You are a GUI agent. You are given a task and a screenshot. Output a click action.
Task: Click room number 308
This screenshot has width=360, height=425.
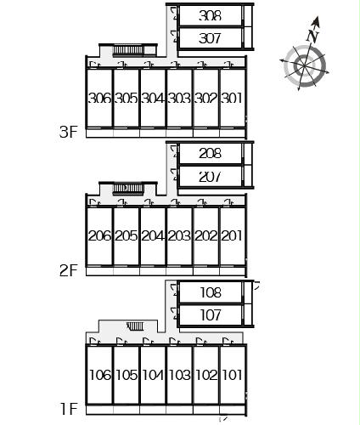click(210, 15)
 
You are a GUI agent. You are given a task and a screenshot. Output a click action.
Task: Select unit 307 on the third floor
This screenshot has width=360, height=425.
click(210, 38)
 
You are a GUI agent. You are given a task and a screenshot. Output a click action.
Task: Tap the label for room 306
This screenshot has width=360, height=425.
click(100, 99)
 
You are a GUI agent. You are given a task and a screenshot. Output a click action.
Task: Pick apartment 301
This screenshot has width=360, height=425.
click(232, 99)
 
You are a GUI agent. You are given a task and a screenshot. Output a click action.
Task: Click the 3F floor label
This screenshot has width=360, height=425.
click(69, 132)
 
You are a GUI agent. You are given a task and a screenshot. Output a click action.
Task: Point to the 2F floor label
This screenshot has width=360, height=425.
click(69, 270)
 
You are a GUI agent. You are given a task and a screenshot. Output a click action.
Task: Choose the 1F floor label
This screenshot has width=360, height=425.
click(69, 409)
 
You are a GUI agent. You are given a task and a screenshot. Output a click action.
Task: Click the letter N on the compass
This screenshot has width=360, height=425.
click(312, 36)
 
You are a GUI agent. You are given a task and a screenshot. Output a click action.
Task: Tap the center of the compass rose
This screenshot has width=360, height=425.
click(305, 65)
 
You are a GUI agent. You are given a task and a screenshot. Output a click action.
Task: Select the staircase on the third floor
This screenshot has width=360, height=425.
click(128, 50)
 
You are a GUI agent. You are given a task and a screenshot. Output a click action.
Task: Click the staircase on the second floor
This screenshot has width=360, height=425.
click(128, 189)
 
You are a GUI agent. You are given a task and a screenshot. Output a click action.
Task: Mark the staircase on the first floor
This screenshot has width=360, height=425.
click(135, 326)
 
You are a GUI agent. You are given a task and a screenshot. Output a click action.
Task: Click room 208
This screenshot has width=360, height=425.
click(210, 154)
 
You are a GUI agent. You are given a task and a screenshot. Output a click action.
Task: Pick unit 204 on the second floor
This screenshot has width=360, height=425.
click(153, 235)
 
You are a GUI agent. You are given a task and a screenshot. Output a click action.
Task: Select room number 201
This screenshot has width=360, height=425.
click(232, 235)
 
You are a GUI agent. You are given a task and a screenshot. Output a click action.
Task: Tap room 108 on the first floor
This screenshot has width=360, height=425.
click(211, 292)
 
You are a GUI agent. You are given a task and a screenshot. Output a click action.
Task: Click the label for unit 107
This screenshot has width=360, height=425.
click(211, 315)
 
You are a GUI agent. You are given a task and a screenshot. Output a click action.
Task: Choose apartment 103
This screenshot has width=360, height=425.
click(180, 375)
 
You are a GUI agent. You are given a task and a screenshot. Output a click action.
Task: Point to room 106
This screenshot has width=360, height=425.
click(100, 375)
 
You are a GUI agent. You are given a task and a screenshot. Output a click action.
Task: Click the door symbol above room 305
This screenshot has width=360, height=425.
click(121, 65)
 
